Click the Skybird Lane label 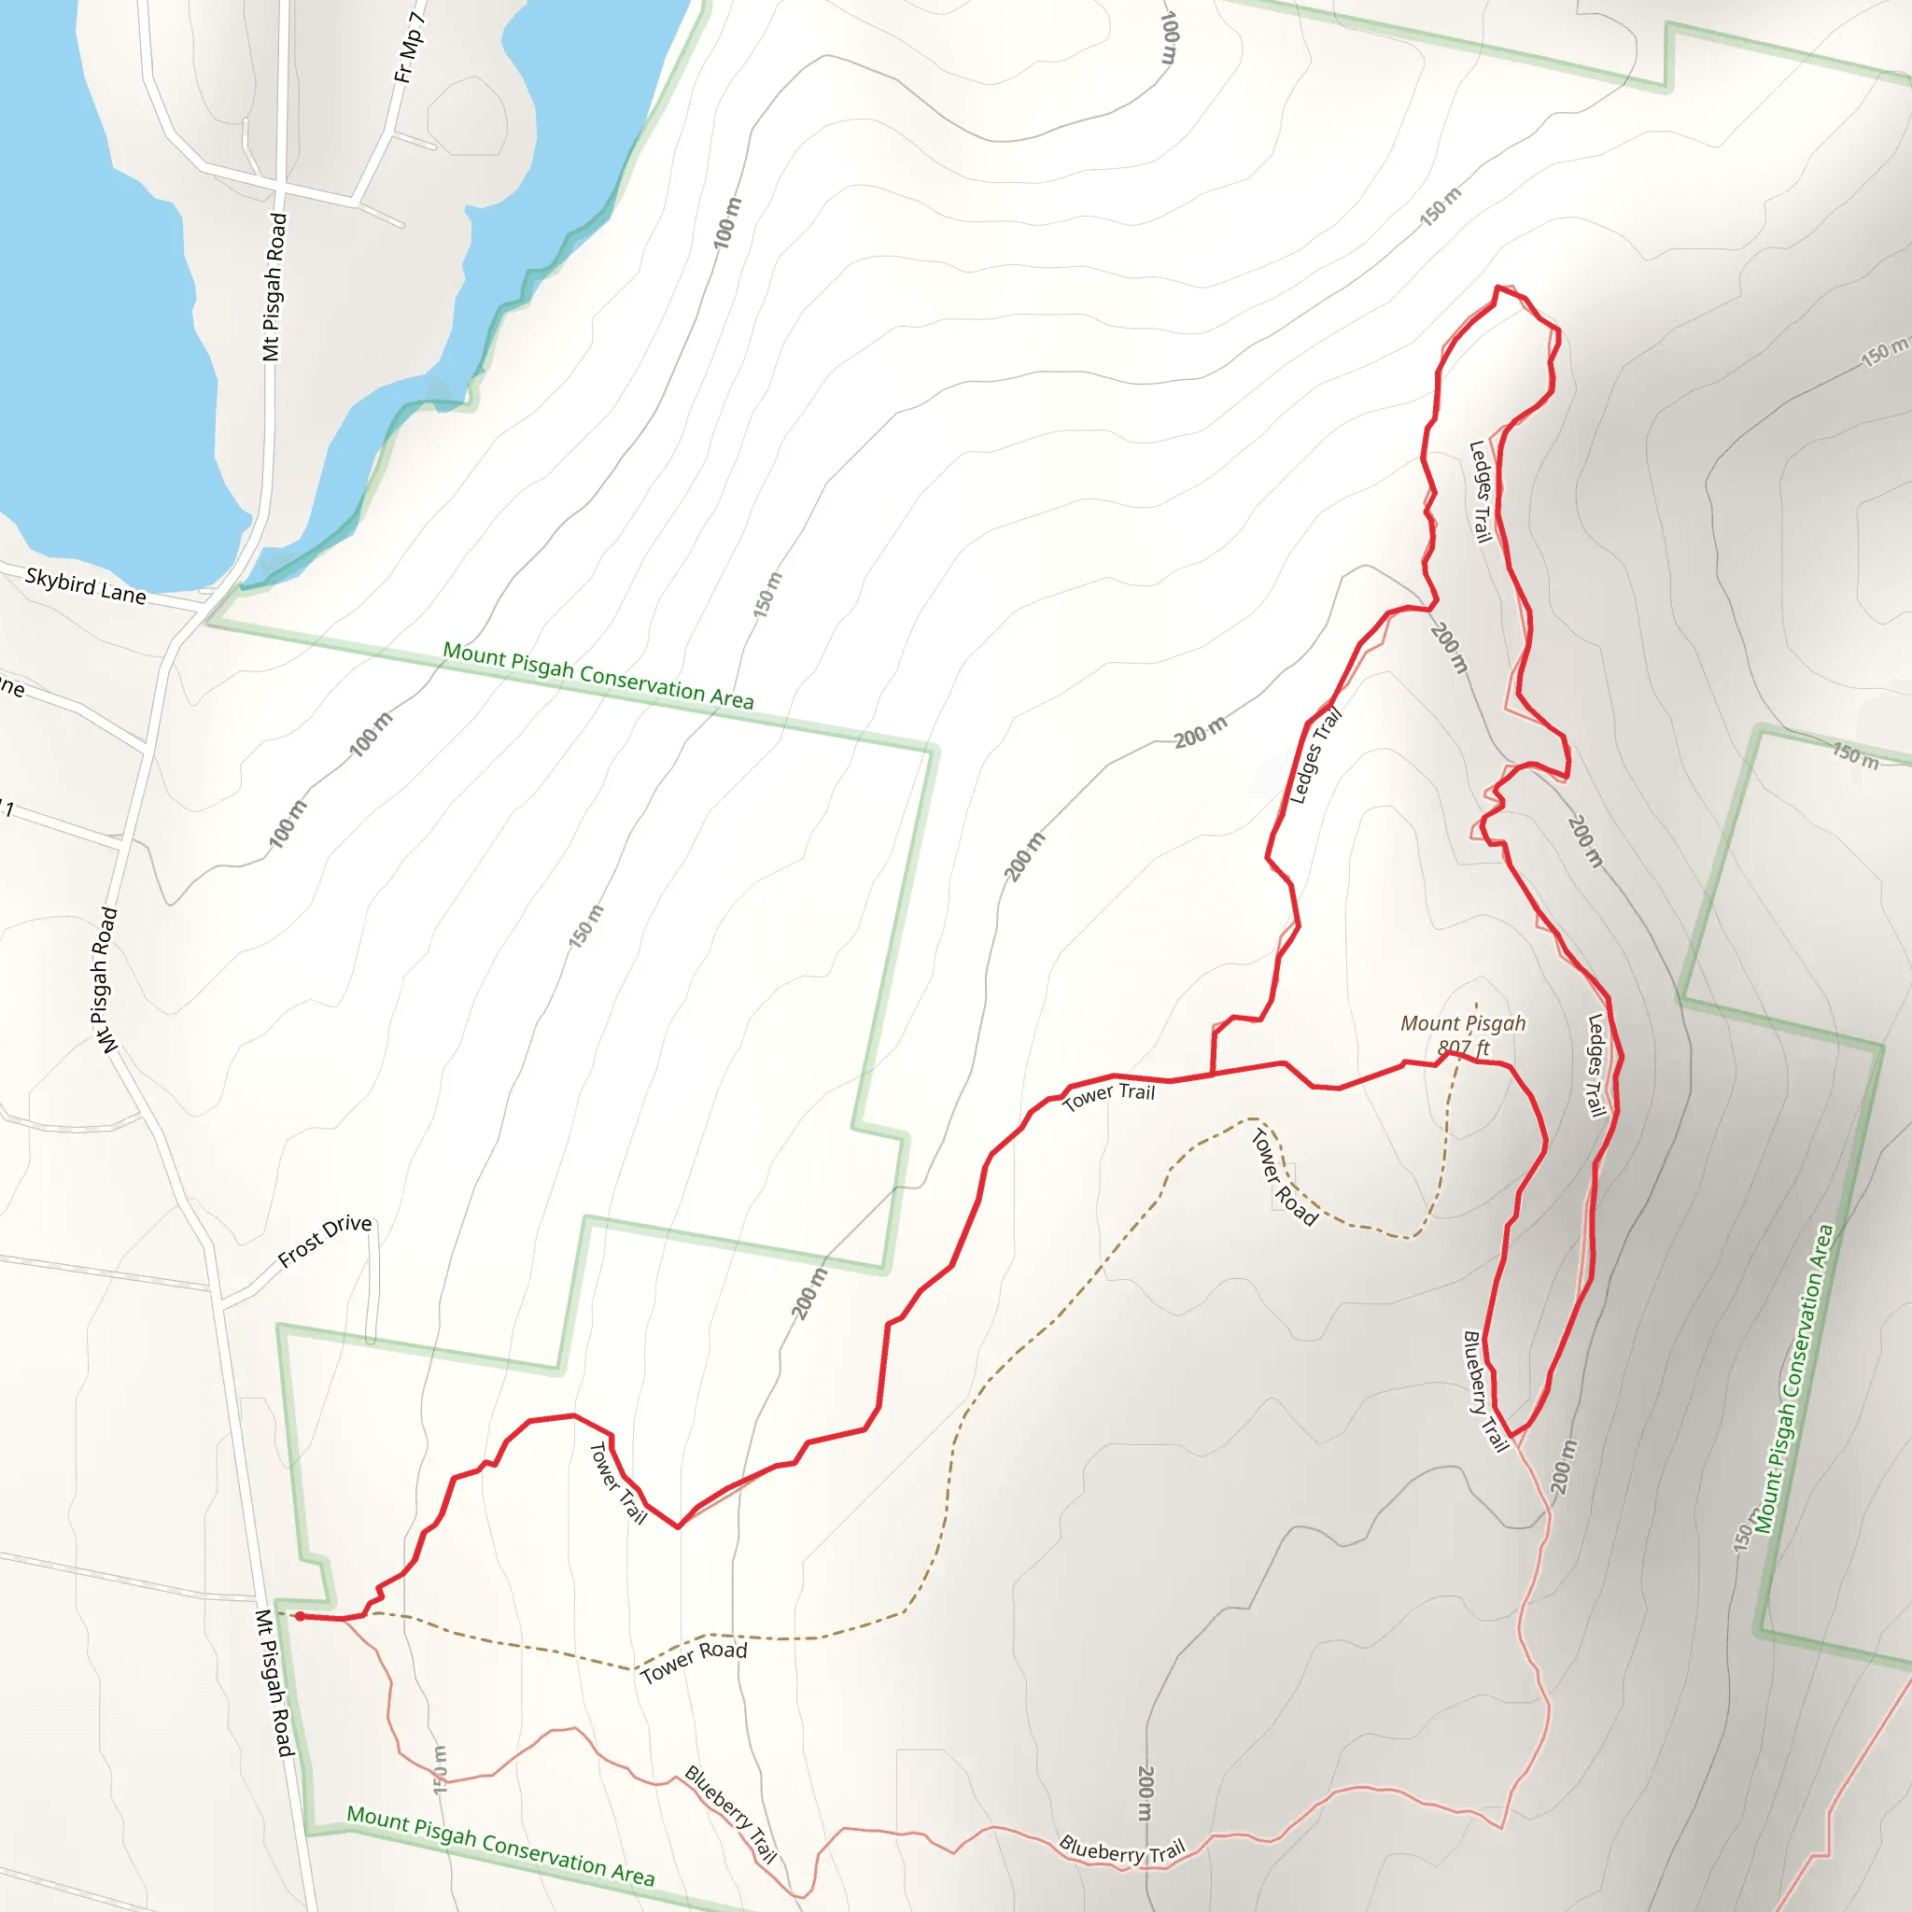click(x=86, y=586)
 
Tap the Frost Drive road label click(x=325, y=1241)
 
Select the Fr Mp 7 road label click(x=410, y=47)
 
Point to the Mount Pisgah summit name click(x=1463, y=1023)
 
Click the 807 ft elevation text click(x=1464, y=1047)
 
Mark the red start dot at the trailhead click(x=300, y=1616)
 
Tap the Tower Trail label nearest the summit click(x=1108, y=1095)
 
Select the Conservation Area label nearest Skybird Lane click(x=597, y=675)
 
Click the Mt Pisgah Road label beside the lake click(x=274, y=287)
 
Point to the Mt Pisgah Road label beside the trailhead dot click(x=274, y=1682)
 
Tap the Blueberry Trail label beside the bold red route click(x=1484, y=1390)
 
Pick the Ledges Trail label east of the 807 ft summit click(x=1596, y=1066)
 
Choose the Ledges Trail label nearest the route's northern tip click(x=1480, y=492)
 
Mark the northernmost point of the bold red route click(x=1497, y=287)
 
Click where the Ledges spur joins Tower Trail click(x=1213, y=1074)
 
